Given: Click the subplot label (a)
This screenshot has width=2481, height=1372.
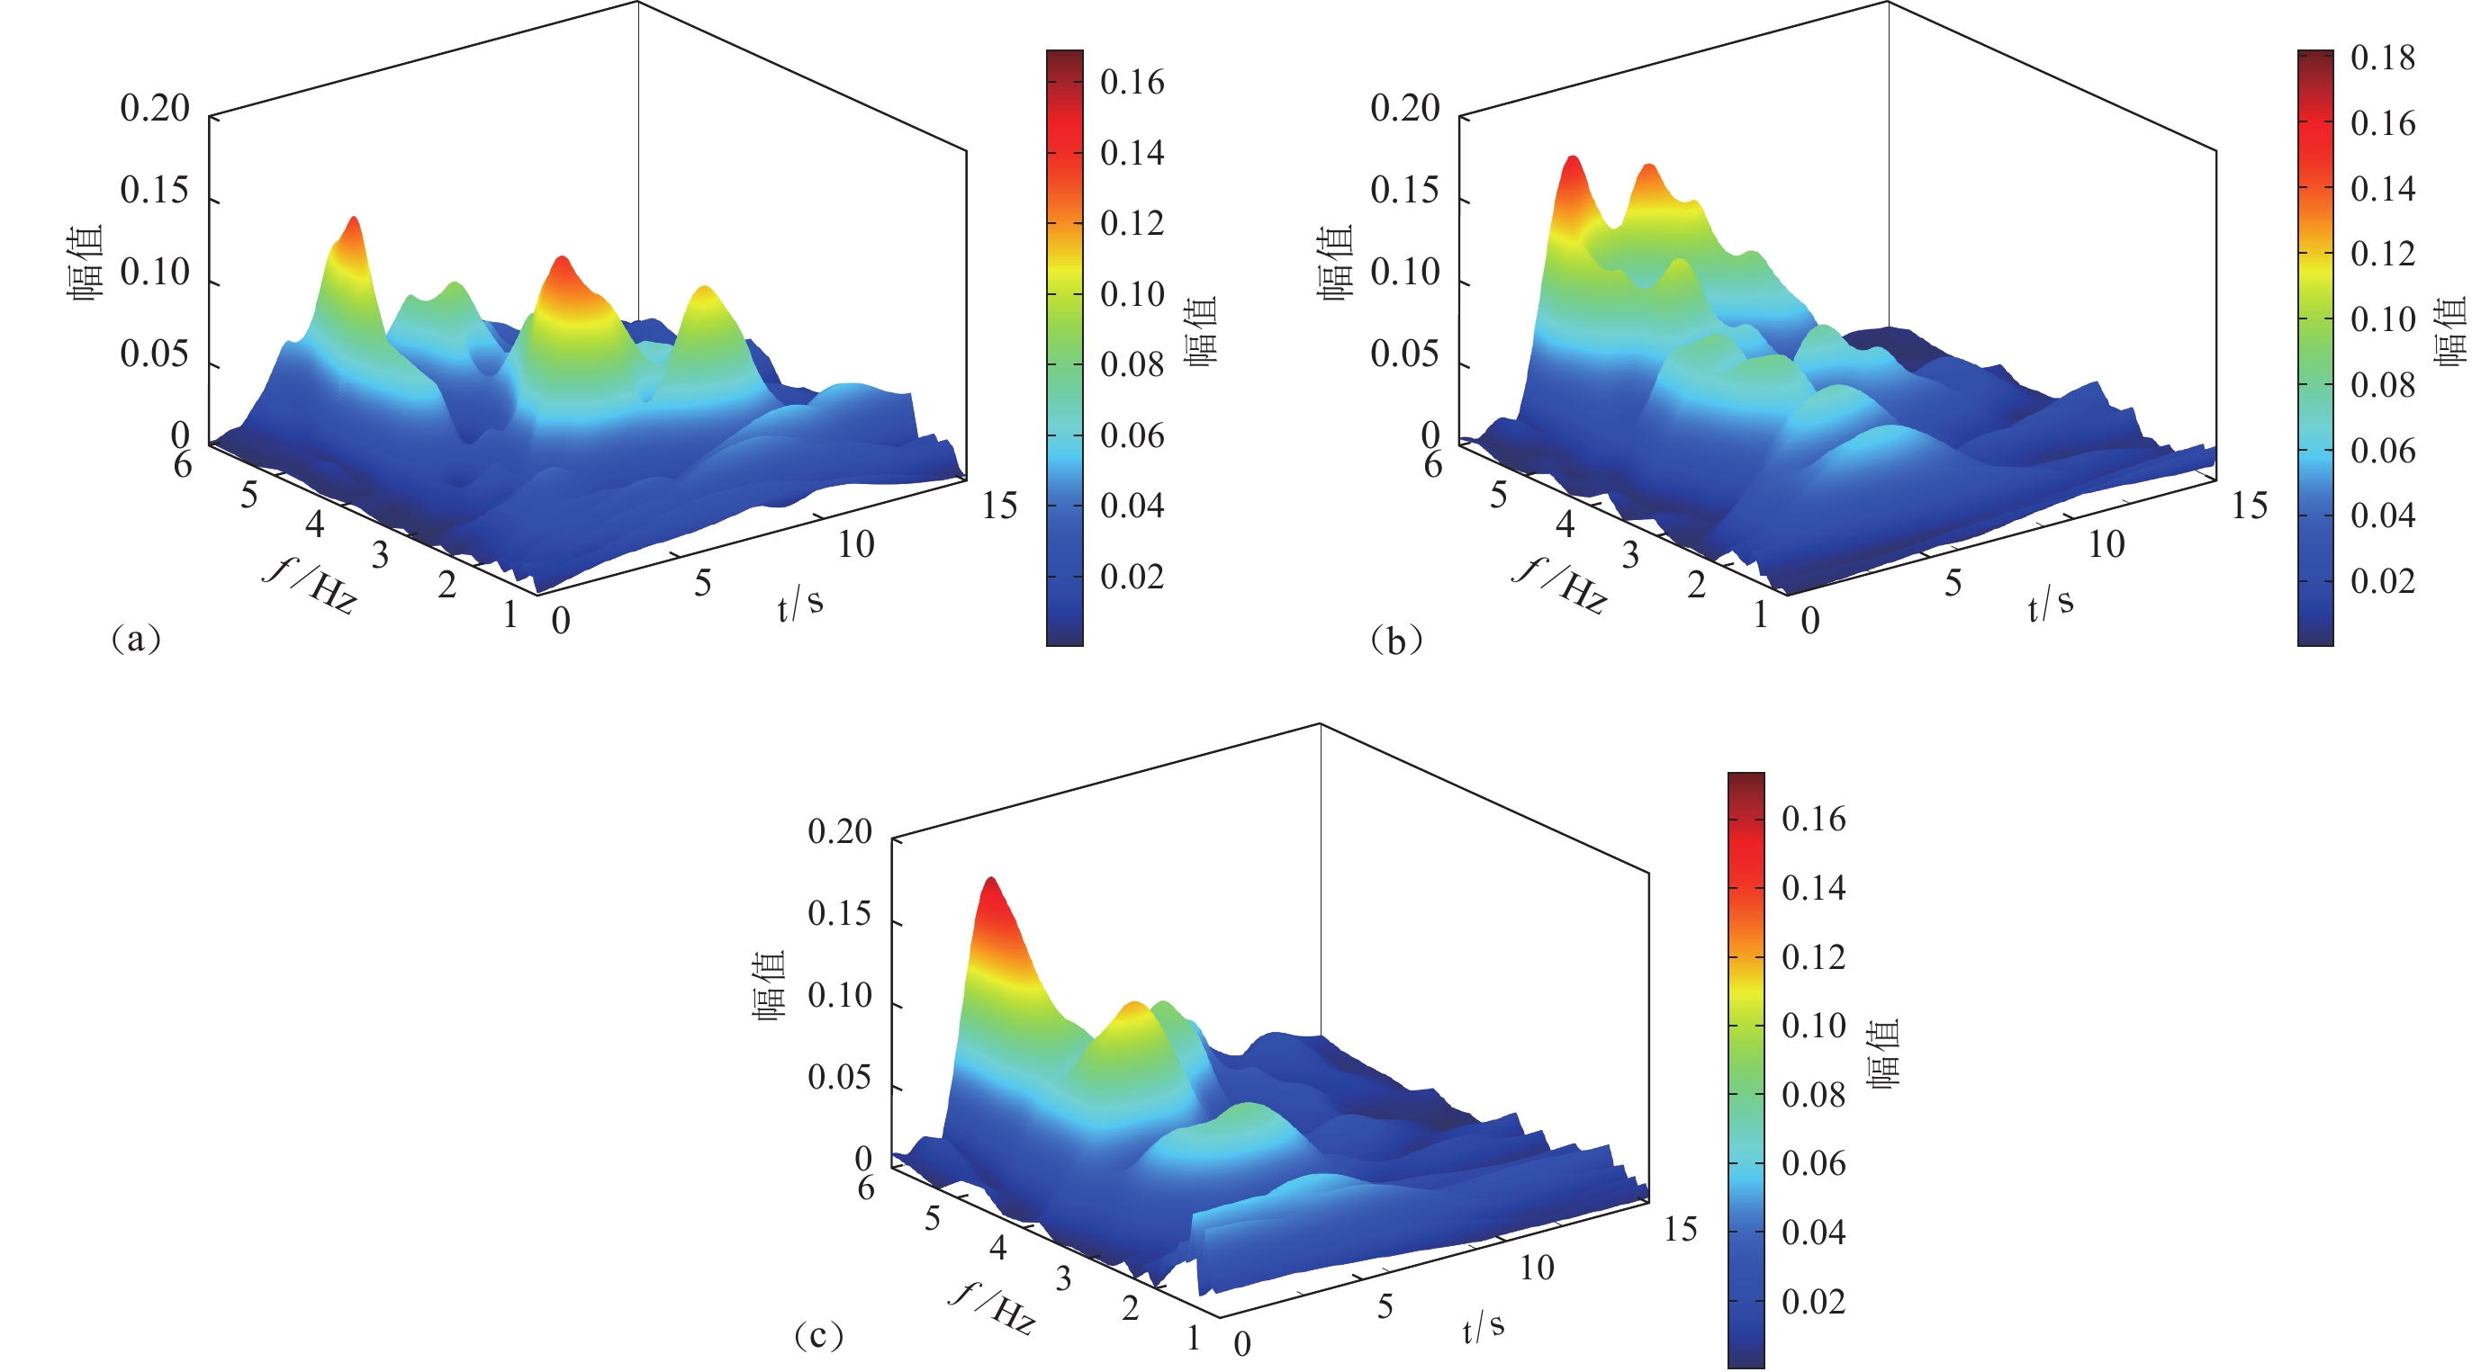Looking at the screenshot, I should pos(136,639).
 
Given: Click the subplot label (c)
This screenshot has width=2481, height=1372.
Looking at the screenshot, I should pos(818,1335).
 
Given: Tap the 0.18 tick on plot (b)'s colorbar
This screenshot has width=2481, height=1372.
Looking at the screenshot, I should pos(2382,58).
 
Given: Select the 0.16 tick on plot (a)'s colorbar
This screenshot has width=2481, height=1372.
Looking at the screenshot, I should pos(1132,83).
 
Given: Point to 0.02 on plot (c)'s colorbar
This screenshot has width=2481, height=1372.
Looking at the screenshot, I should pos(1813,1302).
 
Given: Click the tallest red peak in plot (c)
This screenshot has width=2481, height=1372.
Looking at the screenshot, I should pos(990,880).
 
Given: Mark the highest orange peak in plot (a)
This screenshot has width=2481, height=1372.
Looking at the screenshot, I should pos(355,220).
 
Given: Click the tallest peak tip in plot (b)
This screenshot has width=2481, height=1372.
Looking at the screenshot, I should pos(1572,159).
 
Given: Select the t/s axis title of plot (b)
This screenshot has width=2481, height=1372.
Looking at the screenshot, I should pos(2050,604).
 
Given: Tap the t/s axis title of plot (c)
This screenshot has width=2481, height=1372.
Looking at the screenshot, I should pos(1483,1327).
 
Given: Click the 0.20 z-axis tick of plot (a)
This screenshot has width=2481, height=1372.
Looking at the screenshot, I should pos(154,108).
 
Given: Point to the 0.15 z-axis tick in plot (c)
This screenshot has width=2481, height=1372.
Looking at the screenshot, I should pos(839,914).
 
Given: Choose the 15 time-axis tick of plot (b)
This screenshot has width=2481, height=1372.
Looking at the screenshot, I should pos(2249,506).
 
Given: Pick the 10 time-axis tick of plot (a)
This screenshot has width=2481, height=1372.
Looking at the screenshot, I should pos(855,545).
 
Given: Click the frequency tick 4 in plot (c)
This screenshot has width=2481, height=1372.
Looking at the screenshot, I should pos(997,1248).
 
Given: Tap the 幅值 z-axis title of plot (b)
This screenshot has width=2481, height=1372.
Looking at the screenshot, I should pos(1336,263).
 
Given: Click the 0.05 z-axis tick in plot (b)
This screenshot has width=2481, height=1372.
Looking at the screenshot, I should pos(1404,354).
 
